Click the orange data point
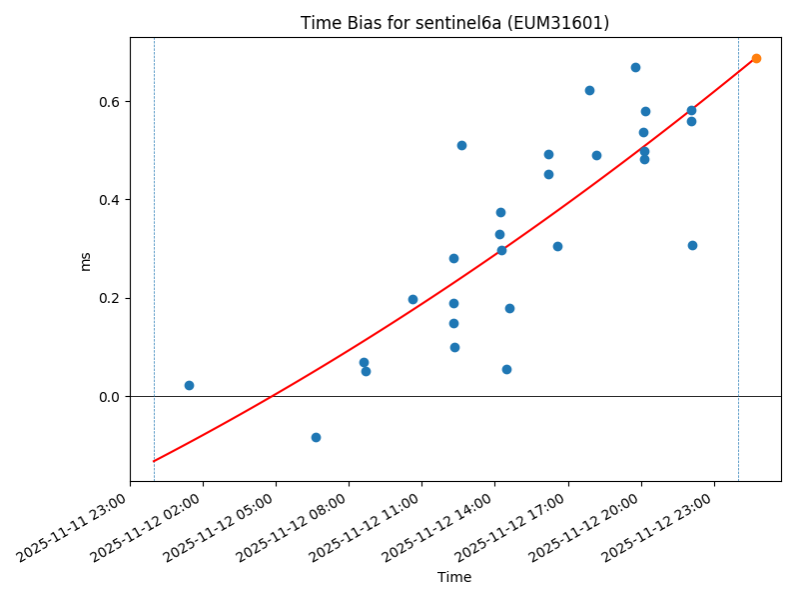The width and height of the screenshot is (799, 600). (756, 58)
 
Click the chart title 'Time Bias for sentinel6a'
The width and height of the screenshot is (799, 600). (454, 23)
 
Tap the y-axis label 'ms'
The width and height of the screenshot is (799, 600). (86, 260)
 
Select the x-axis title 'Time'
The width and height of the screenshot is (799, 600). (454, 577)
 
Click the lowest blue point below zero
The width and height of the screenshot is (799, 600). (316, 437)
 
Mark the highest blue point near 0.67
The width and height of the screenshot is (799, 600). (635, 67)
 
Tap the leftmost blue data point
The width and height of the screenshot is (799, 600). (189, 385)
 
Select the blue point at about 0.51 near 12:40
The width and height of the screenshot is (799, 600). (461, 145)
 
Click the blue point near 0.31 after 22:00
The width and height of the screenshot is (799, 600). (692, 245)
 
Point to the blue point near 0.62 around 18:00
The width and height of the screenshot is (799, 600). (589, 90)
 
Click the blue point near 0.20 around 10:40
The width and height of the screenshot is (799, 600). (412, 299)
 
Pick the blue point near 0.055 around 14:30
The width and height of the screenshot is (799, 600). (506, 369)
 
